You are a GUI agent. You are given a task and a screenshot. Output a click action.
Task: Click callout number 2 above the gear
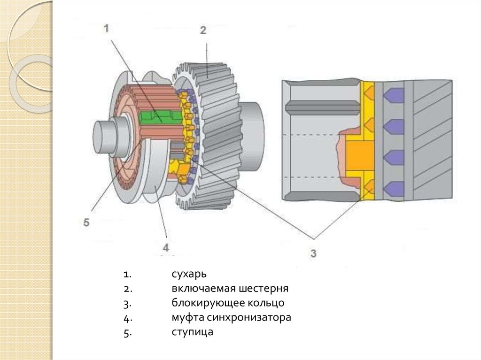[x=203, y=31]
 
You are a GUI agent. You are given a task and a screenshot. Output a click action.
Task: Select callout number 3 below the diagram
[x=313, y=253]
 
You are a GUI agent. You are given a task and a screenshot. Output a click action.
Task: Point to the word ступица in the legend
[x=193, y=332]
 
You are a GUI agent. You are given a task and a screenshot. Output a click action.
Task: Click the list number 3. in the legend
[x=127, y=303]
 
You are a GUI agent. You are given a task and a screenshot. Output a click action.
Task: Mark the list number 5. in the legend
[x=127, y=333]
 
